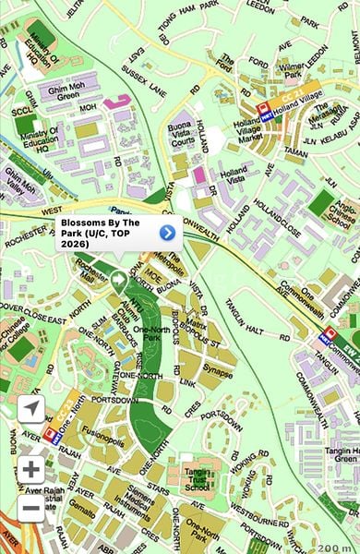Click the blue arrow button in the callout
(167, 233)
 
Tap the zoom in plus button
(30, 468)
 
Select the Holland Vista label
(235, 176)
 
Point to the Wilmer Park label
(292, 73)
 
